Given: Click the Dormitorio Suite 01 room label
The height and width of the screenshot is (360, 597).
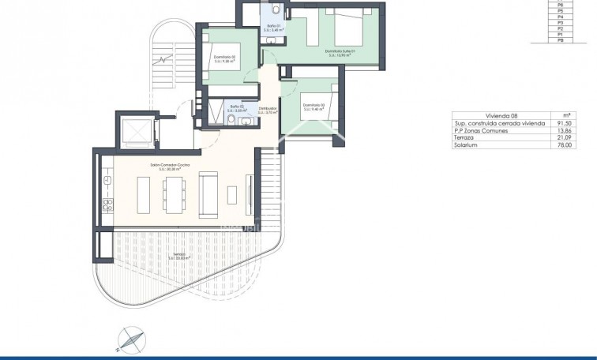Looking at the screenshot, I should click(x=341, y=53).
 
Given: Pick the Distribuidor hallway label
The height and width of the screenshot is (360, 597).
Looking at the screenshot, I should click(x=268, y=110).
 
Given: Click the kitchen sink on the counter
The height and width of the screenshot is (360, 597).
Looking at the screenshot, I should click(x=104, y=182).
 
